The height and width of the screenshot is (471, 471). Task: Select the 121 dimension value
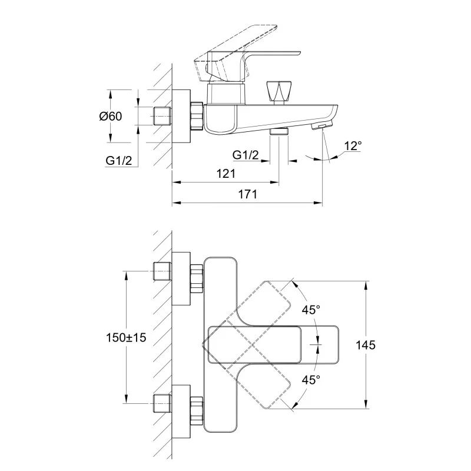pyautogui.click(x=225, y=173)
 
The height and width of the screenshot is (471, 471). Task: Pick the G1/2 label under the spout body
pyautogui.click(x=245, y=155)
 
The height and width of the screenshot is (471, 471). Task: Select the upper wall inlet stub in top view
pyautogui.click(x=161, y=271)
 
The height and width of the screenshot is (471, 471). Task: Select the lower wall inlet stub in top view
pyautogui.click(x=161, y=404)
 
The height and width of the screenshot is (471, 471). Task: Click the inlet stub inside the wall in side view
pyautogui.click(x=161, y=116)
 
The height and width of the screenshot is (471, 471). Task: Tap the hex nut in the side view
pyautogui.click(x=196, y=116)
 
